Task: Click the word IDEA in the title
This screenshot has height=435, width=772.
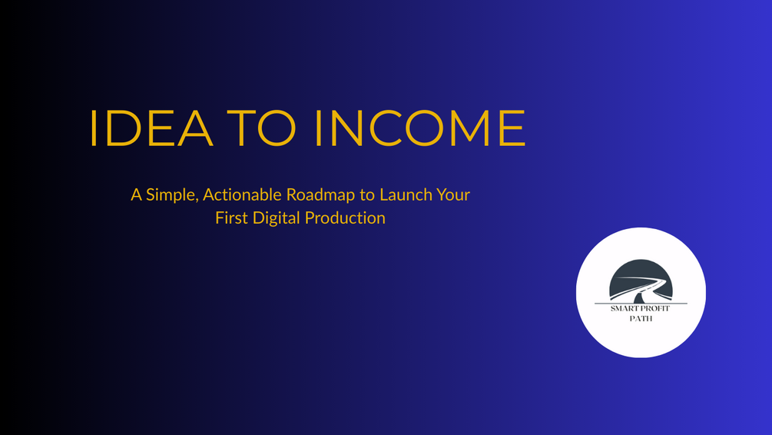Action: point(151,128)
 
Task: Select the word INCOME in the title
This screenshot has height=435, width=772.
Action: point(420,128)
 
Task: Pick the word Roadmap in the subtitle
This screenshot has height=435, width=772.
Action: point(320,195)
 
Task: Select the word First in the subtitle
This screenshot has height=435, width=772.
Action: point(231,217)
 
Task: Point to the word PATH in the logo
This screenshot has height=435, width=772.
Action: point(641,319)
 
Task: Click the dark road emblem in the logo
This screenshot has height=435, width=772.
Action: point(641,281)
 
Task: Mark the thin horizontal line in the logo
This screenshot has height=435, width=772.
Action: point(641,304)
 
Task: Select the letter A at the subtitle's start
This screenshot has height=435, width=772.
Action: point(137,195)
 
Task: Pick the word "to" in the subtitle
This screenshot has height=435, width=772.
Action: point(367,195)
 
